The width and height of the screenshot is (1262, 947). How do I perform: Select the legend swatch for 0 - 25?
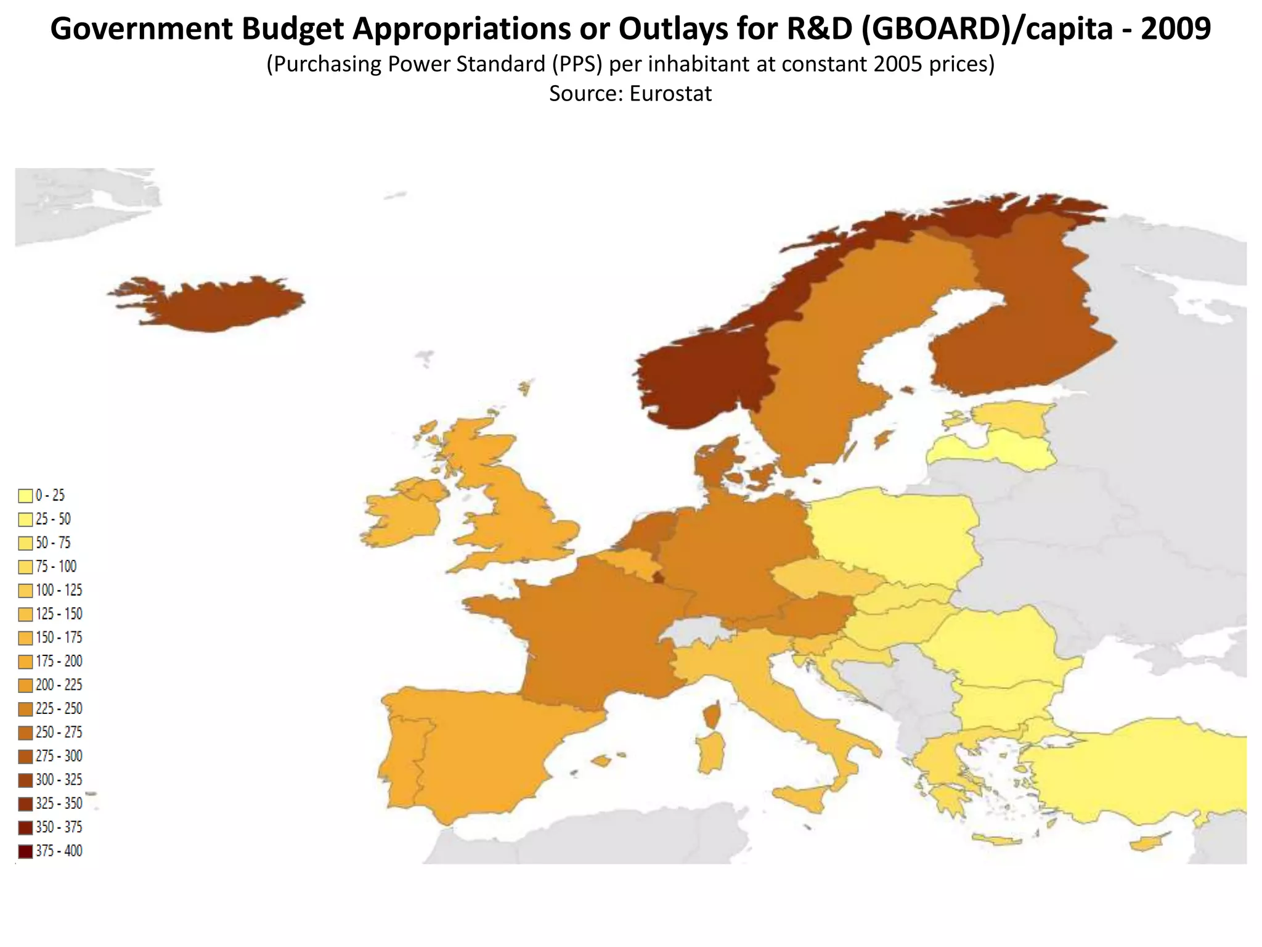coord(25,496)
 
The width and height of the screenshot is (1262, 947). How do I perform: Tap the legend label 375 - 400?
coord(59,851)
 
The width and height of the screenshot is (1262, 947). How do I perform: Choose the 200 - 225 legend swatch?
coord(25,686)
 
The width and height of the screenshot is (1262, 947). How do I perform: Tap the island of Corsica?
coord(712,716)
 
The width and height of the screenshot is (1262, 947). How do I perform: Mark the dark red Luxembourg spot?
coord(659,578)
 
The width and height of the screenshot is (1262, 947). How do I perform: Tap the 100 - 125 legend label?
coord(59,591)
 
